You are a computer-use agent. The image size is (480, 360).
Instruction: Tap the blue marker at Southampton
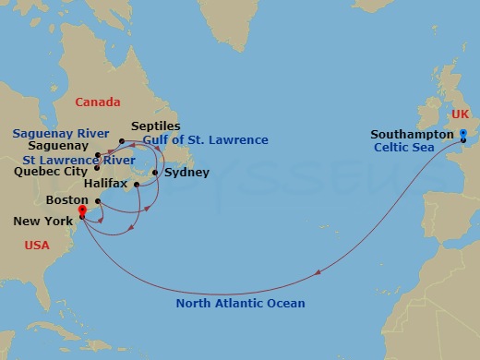463,136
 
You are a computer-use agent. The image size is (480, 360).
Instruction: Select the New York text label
44,222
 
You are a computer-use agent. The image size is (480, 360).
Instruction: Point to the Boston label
66,199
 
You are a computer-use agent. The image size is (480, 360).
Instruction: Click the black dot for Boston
97,200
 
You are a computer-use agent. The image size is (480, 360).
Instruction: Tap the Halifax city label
104,185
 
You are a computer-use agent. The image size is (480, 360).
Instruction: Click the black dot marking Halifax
137,185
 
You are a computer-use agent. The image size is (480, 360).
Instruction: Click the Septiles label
156,126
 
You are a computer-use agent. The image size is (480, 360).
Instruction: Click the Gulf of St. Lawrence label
206,140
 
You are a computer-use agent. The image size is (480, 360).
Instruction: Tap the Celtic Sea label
404,147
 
